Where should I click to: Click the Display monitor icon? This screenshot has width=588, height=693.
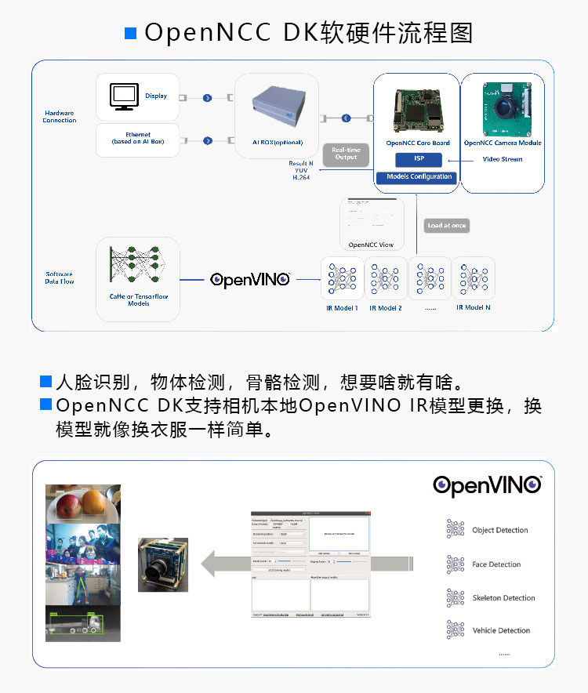(124, 96)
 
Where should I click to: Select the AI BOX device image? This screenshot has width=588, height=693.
(277, 107)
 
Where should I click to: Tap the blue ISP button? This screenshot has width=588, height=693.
(419, 159)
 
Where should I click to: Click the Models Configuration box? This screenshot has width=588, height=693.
(419, 177)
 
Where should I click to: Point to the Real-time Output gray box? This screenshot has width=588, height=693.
(345, 153)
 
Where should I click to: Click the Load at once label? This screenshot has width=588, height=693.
(447, 226)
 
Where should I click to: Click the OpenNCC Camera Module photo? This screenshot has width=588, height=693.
(503, 109)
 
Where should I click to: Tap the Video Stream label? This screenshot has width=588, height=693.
(502, 159)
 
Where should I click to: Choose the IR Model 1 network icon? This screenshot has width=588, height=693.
(343, 278)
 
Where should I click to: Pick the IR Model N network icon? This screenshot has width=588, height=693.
(474, 278)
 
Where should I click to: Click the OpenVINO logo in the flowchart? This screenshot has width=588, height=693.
(250, 279)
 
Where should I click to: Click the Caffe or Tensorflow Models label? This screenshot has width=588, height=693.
(138, 299)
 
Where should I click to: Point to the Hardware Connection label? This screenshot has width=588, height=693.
(60, 117)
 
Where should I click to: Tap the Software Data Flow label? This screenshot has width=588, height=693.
(60, 278)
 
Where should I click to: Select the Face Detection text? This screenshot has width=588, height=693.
(496, 564)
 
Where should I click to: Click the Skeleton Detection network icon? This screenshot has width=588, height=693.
(455, 597)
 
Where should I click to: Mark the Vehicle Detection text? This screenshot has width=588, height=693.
(501, 630)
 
